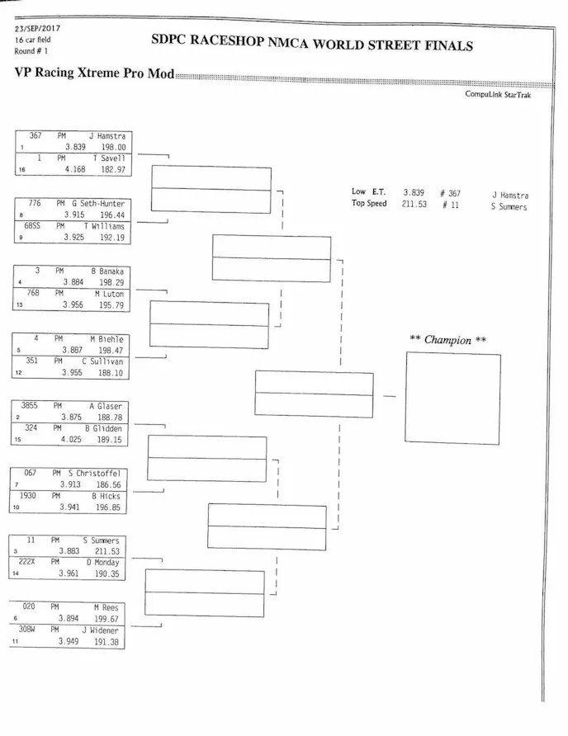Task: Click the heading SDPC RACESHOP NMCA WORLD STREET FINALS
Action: [312, 43]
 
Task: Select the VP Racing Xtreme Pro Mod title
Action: [94, 73]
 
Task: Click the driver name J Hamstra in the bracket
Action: [107, 135]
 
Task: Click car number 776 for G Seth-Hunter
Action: [35, 203]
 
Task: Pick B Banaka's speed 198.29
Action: [111, 282]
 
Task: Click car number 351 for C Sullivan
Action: [33, 361]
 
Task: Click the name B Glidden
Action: [106, 428]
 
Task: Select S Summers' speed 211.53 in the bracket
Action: [106, 551]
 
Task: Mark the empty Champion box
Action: [453, 399]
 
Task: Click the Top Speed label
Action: [368, 204]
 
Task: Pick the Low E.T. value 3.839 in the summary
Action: [413, 192]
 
